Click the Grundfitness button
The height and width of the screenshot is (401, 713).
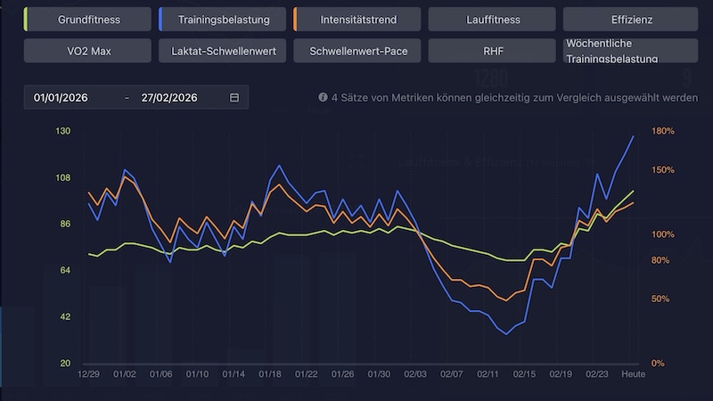(x=89, y=19)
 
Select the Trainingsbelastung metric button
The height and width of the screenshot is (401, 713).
(x=224, y=19)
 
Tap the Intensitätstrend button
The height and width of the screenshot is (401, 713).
(x=358, y=19)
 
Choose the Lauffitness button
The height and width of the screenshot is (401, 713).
(x=493, y=19)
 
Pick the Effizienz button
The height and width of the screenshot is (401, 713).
(x=627, y=19)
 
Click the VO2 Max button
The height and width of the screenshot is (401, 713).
(x=89, y=51)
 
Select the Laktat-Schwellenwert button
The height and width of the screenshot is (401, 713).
(x=224, y=51)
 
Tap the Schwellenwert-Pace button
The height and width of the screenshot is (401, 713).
(x=358, y=51)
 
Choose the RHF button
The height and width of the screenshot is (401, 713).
(x=493, y=51)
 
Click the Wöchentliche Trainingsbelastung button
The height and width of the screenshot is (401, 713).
(x=627, y=51)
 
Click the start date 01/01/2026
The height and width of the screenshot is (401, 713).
(x=63, y=97)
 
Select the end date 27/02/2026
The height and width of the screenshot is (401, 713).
(x=169, y=97)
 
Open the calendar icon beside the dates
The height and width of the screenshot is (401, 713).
(x=234, y=97)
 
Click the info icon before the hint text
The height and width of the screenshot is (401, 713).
(x=323, y=98)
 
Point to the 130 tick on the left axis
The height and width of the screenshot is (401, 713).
(x=63, y=131)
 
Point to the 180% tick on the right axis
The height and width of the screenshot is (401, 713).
(x=663, y=131)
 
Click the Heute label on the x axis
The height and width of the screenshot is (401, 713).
(x=633, y=375)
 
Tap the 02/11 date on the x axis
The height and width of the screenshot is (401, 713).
(x=487, y=375)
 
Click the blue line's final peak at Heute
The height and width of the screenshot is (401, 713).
(x=634, y=136)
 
